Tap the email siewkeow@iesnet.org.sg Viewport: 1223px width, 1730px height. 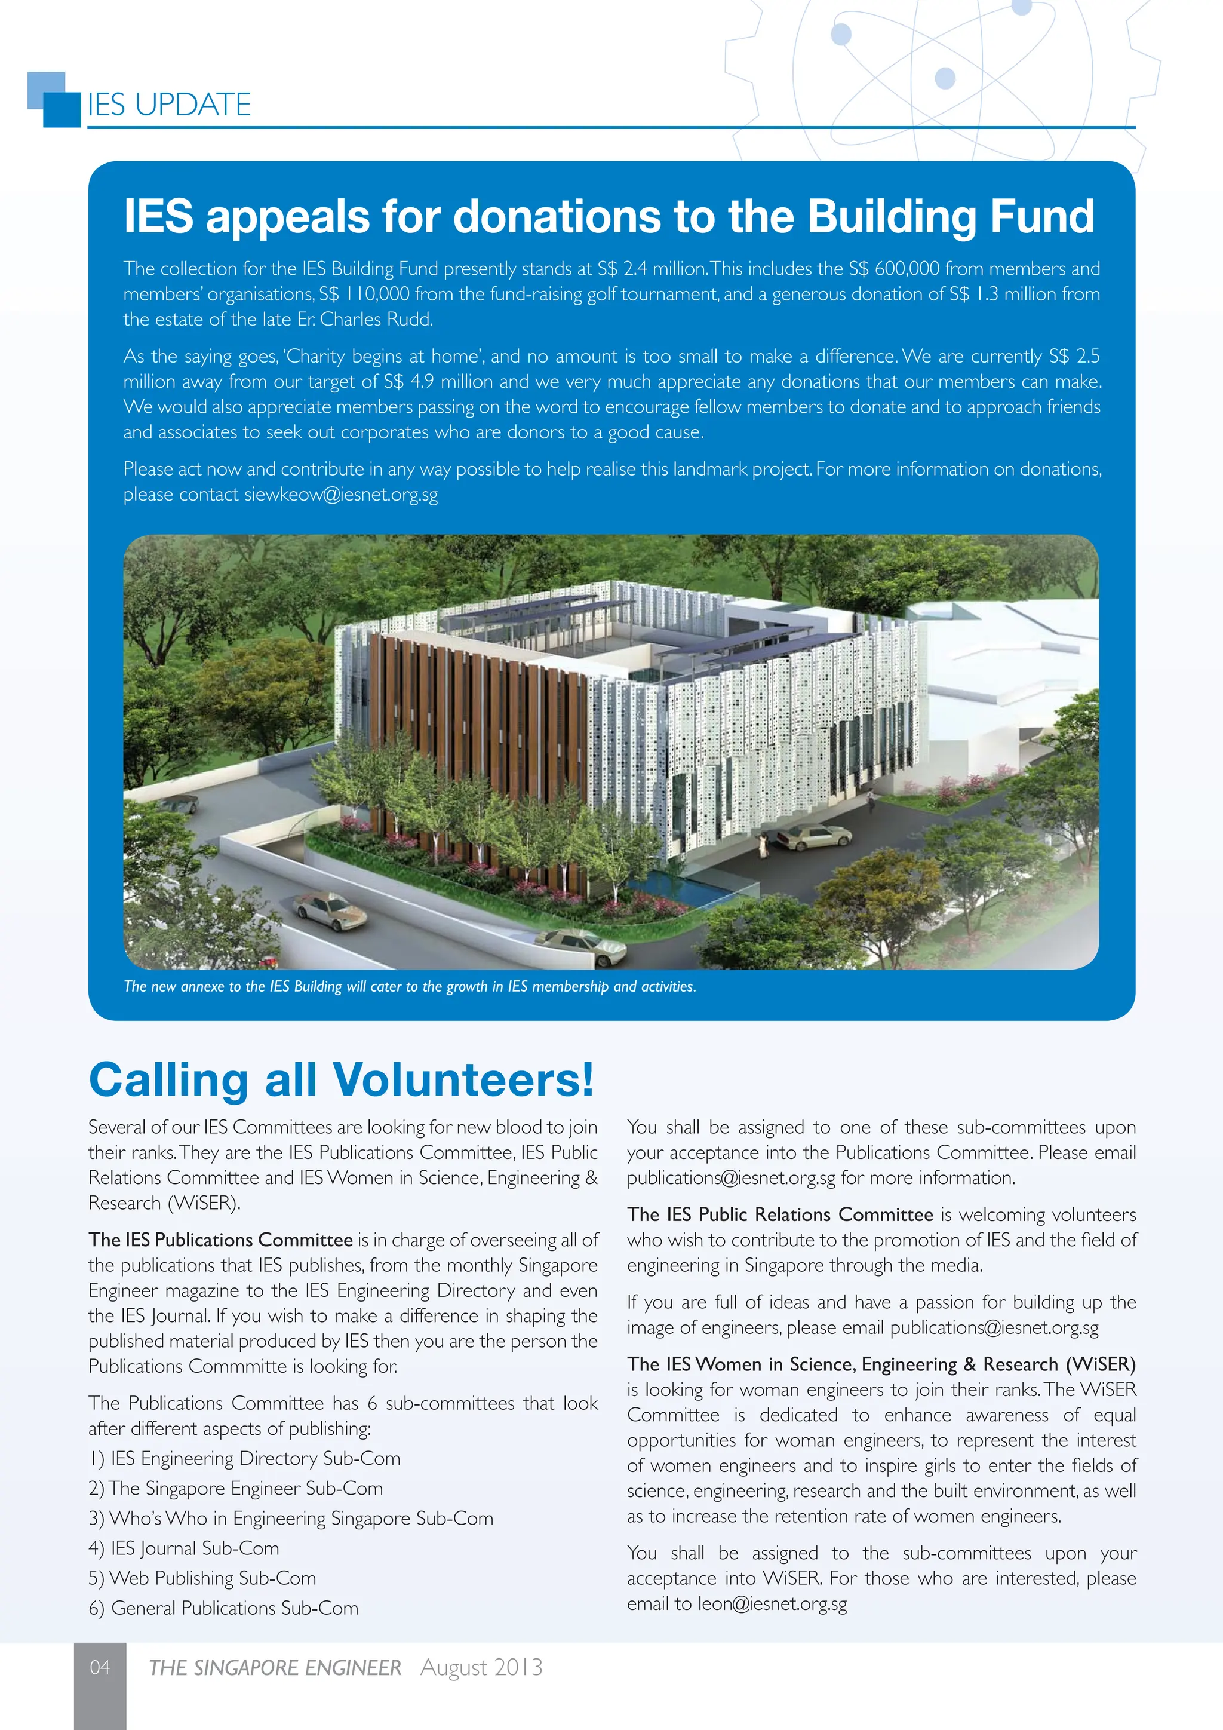coord(340,495)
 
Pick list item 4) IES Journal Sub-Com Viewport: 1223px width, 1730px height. coord(185,1548)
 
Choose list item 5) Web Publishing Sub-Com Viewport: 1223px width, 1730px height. coord(202,1578)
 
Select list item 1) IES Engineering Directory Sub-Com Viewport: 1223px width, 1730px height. coord(244,1459)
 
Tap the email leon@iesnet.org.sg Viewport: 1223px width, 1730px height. coord(772,1603)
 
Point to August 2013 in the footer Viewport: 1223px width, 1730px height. coord(481,1667)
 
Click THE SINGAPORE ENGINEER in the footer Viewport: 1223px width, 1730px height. coord(275,1667)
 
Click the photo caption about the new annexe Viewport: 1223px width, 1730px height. coord(410,986)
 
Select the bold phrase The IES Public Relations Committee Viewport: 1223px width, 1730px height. coord(780,1214)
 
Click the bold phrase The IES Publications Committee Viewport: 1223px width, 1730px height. coord(220,1240)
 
